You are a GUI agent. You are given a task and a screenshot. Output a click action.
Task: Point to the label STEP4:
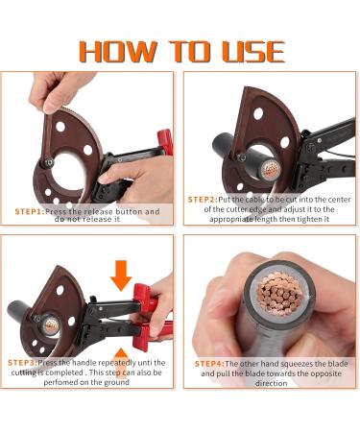213,364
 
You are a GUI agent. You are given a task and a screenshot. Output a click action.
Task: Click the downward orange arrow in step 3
120,275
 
